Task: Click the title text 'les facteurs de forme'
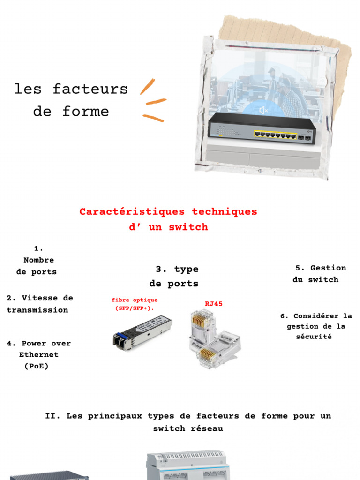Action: (x=71, y=100)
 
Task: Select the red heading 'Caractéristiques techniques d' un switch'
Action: (x=168, y=219)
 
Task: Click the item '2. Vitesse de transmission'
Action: (x=40, y=304)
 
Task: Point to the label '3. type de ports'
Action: (x=174, y=276)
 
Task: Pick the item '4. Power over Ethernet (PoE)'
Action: (x=38, y=355)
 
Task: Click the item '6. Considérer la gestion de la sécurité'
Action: (x=316, y=326)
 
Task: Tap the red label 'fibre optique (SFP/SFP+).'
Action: (x=135, y=304)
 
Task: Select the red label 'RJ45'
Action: (x=214, y=304)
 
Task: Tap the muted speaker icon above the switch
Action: (x=264, y=110)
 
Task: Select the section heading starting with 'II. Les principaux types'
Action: (x=188, y=422)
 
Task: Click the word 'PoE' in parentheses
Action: (x=37, y=366)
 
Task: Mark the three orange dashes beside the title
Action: (x=153, y=101)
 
